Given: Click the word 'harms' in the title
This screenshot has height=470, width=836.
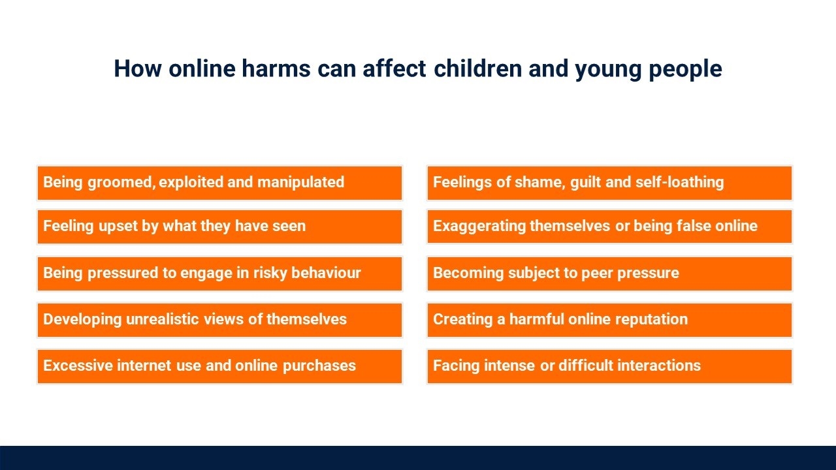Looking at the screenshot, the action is [x=276, y=69].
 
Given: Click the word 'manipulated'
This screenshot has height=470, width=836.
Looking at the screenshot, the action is [x=301, y=182].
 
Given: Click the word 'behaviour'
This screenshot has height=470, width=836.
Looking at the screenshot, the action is [x=326, y=273].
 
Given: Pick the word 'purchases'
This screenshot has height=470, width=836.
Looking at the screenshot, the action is [x=319, y=366].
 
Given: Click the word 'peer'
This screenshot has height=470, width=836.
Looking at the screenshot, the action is [x=597, y=274].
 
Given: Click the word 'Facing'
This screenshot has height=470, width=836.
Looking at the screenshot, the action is [x=456, y=366].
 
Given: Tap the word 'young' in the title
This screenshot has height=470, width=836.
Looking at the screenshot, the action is [x=608, y=69].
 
